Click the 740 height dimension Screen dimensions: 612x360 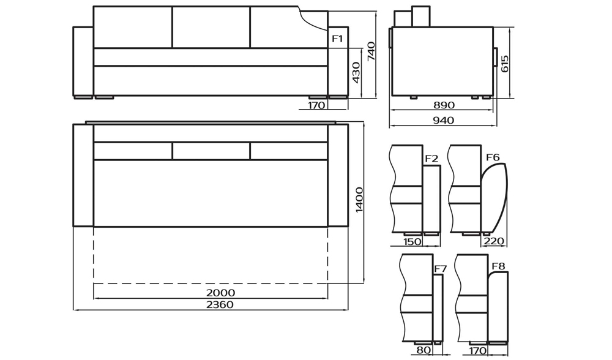point(371,51)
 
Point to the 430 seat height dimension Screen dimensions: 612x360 point(356,73)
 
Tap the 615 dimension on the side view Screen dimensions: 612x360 point(504,64)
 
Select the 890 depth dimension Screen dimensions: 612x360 point(444,105)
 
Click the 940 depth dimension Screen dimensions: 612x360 point(444,120)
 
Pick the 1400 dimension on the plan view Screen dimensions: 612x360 point(359,200)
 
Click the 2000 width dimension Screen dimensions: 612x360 point(220,293)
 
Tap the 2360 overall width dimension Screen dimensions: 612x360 point(220,304)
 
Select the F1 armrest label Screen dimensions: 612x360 point(337,38)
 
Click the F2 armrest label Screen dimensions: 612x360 point(431,159)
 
